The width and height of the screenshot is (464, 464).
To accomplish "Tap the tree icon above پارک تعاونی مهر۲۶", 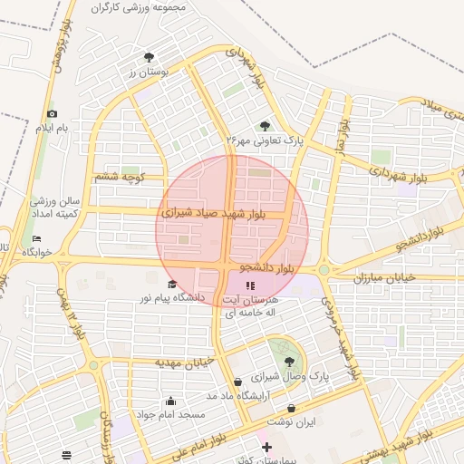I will point(265,126).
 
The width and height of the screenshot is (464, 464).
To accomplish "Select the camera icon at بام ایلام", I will point(52,113).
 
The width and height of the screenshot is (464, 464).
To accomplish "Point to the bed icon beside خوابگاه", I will point(36,238).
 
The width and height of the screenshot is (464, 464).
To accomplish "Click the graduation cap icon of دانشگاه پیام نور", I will point(172,285).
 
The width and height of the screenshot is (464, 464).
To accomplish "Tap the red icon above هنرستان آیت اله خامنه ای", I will point(250,286).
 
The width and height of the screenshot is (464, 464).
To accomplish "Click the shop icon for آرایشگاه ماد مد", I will point(237,382).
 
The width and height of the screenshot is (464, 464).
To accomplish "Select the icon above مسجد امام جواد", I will point(170,401).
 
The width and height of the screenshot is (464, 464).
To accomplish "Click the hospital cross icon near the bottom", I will point(266,448).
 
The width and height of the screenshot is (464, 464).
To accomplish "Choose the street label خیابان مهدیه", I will point(184,362).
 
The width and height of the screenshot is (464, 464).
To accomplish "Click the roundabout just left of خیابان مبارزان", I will point(324,269).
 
